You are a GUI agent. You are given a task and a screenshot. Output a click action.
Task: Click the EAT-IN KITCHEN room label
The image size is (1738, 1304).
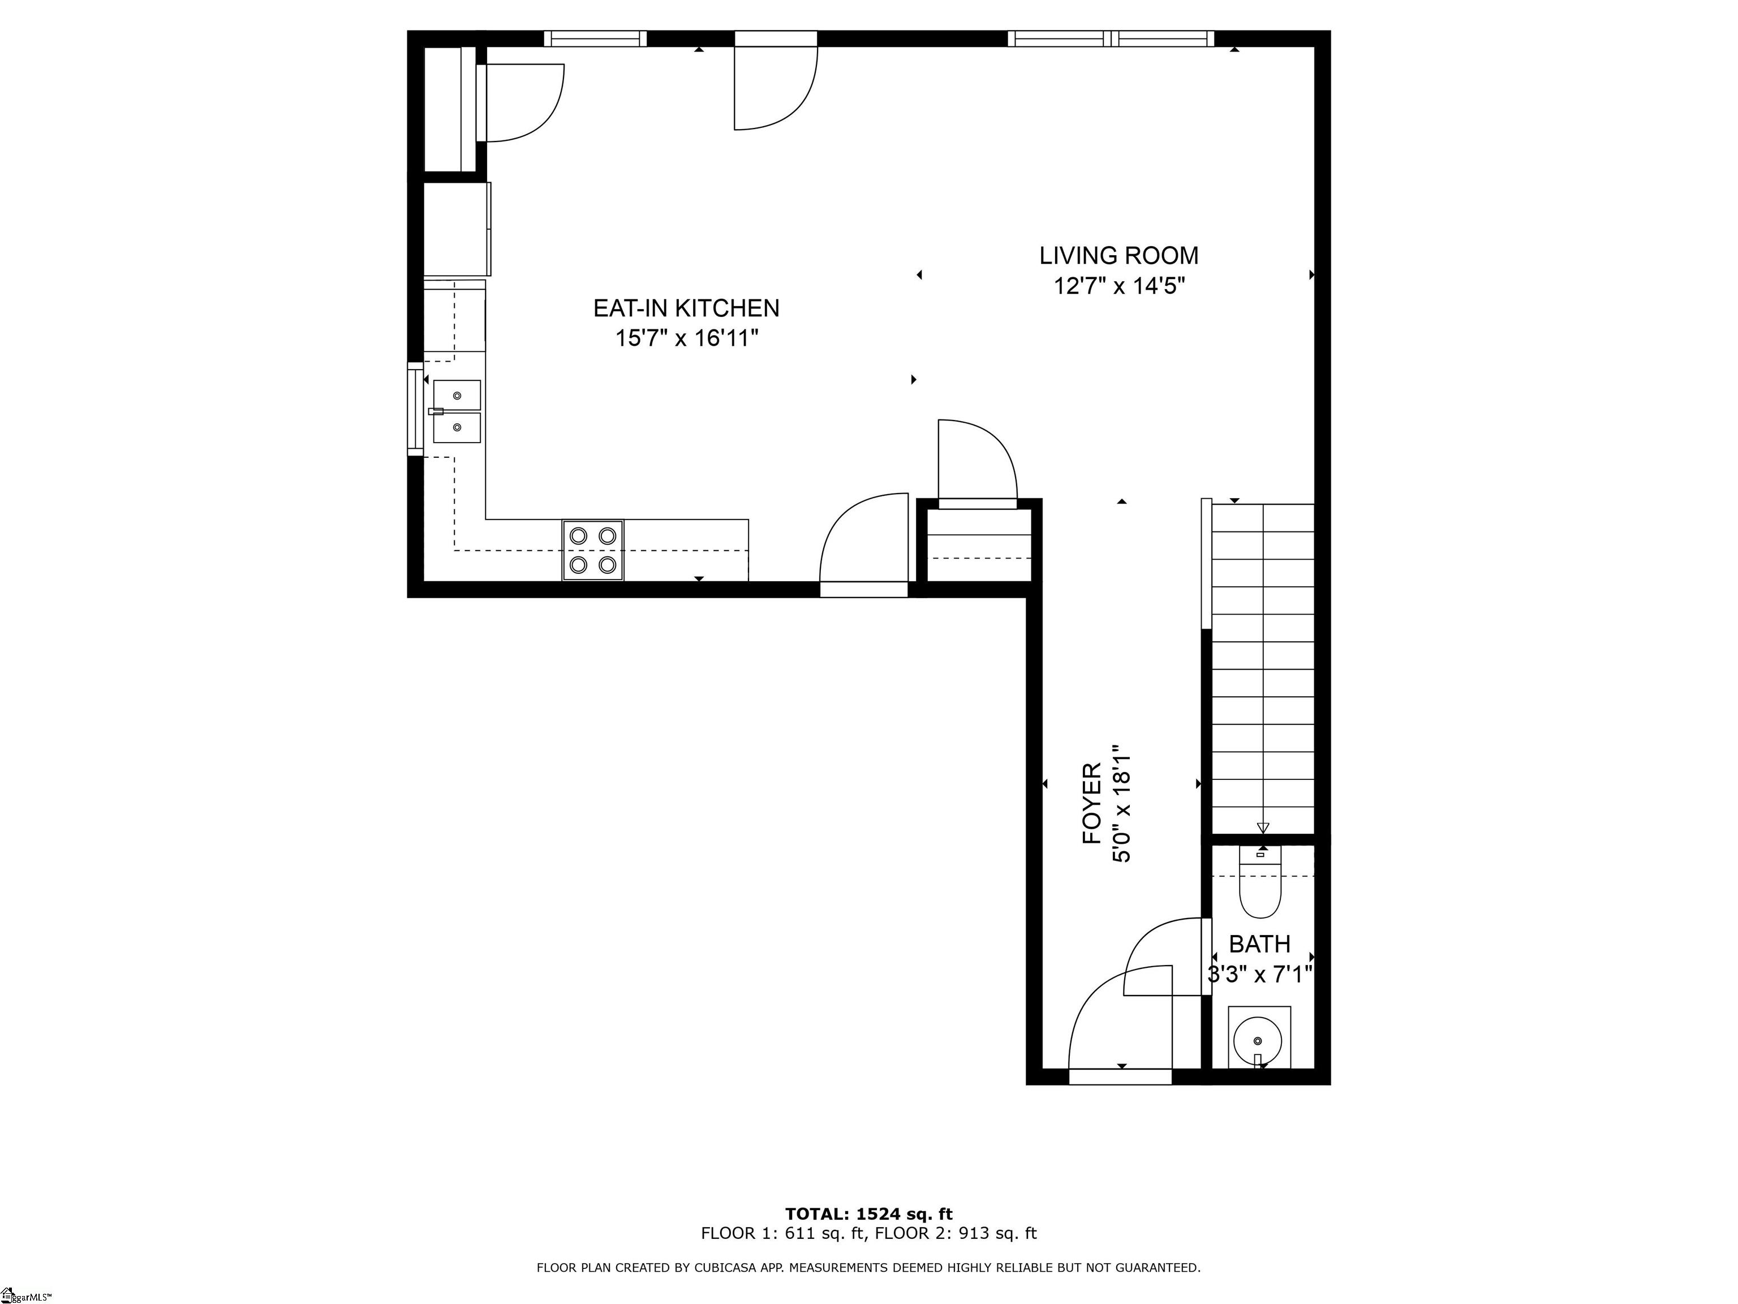(x=686, y=308)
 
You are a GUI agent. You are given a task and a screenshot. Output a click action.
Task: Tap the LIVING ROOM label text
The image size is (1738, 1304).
(x=1119, y=255)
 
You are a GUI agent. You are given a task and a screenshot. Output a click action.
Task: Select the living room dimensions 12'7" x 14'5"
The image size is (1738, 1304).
(x=1119, y=285)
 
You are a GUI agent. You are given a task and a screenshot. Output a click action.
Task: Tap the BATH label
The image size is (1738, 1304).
(x=1259, y=943)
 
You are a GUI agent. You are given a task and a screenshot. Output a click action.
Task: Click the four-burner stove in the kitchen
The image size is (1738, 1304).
(x=592, y=550)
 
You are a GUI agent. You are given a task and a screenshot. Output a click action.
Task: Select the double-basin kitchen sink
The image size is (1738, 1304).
(x=457, y=411)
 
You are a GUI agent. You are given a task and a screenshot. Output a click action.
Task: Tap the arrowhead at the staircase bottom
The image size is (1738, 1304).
(x=1263, y=827)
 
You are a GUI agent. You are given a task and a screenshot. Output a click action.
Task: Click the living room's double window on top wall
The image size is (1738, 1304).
(x=1111, y=38)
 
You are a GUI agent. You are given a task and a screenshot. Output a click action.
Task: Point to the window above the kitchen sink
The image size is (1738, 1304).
(x=415, y=409)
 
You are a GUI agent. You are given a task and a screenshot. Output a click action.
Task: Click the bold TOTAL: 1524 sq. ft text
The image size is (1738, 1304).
(x=868, y=1215)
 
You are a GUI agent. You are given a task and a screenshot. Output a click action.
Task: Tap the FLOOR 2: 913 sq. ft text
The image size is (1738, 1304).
(x=956, y=1233)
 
